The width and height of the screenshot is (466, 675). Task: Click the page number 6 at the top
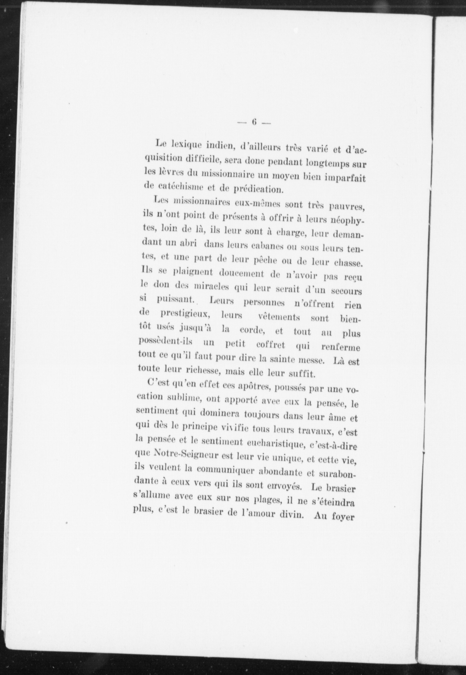coord(254,122)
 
